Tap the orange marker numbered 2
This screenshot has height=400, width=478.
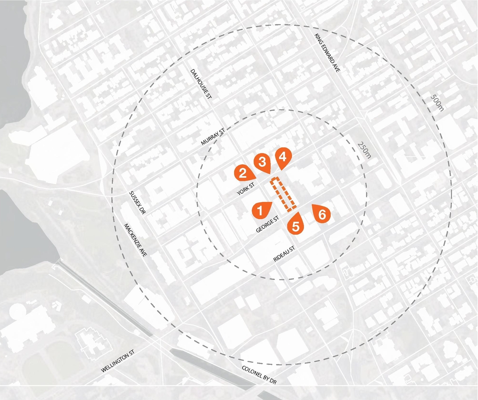pyautogui.click(x=243, y=173)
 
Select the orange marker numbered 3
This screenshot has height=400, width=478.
pyautogui.click(x=262, y=162)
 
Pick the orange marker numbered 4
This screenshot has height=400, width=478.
pyautogui.click(x=283, y=157)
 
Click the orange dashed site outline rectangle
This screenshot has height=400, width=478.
pyautogui.click(x=284, y=195)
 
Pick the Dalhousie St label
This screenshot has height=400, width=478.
pyautogui.click(x=201, y=84)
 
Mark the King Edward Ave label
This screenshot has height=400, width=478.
pyautogui.click(x=327, y=53)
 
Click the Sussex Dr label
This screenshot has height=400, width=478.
pyautogui.click(x=137, y=202)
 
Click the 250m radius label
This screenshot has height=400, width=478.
pyautogui.click(x=364, y=150)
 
